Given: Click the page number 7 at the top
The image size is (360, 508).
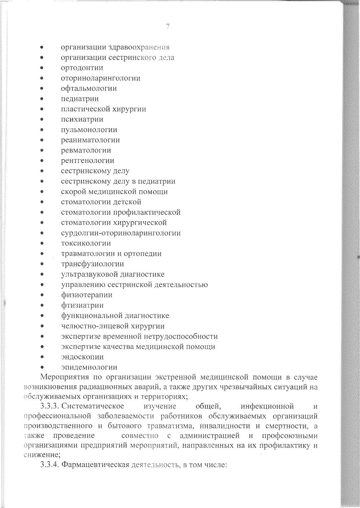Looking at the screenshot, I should pyautogui.click(x=168, y=27).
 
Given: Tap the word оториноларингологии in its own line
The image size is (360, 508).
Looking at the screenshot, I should pyautogui.click(x=101, y=78).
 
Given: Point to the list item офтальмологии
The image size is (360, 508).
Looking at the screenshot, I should pyautogui.click(x=89, y=88).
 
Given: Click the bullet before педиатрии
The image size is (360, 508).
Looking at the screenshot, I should pyautogui.click(x=42, y=99).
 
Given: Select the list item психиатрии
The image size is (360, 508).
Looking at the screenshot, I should pyautogui.click(x=82, y=119).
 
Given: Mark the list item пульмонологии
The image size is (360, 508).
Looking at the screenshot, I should pyautogui.click(x=89, y=130).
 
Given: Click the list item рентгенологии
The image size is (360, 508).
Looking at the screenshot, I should pyautogui.click(x=87, y=161).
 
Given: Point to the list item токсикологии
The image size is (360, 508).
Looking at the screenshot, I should pyautogui.click(x=86, y=243).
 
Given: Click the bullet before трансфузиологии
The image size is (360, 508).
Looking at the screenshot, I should pyautogui.click(x=42, y=264).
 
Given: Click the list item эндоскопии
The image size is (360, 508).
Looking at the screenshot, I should pyautogui.click(x=82, y=357).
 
